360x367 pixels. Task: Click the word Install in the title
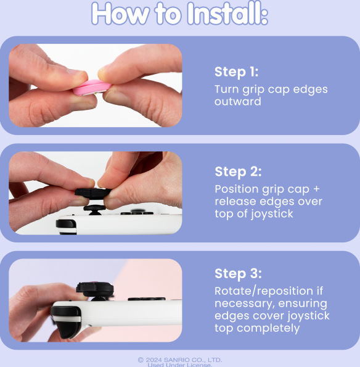pyautogui.click(x=227, y=14)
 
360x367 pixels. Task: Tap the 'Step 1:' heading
pyautogui.click(x=236, y=72)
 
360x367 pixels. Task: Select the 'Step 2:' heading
pyautogui.click(x=238, y=171)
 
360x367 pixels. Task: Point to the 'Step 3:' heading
pyautogui.click(x=238, y=273)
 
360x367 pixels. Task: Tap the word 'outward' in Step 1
pyautogui.click(x=238, y=102)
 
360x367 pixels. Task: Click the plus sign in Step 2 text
pyautogui.click(x=316, y=189)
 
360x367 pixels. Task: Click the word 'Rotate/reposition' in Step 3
pyautogui.click(x=264, y=291)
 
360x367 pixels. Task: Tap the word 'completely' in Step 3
pyautogui.click(x=268, y=328)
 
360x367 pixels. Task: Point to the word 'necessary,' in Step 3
pyautogui.click(x=244, y=304)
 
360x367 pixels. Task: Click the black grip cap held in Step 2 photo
pyautogui.click(x=93, y=194)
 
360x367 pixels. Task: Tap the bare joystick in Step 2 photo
pyautogui.click(x=94, y=210)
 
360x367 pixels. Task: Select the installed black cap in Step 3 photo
pyautogui.click(x=95, y=289)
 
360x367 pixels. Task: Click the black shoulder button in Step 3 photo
pyautogui.click(x=66, y=321)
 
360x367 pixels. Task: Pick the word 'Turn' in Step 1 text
pyautogui.click(x=226, y=89)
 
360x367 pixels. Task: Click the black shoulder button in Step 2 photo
pyautogui.click(x=66, y=226)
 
